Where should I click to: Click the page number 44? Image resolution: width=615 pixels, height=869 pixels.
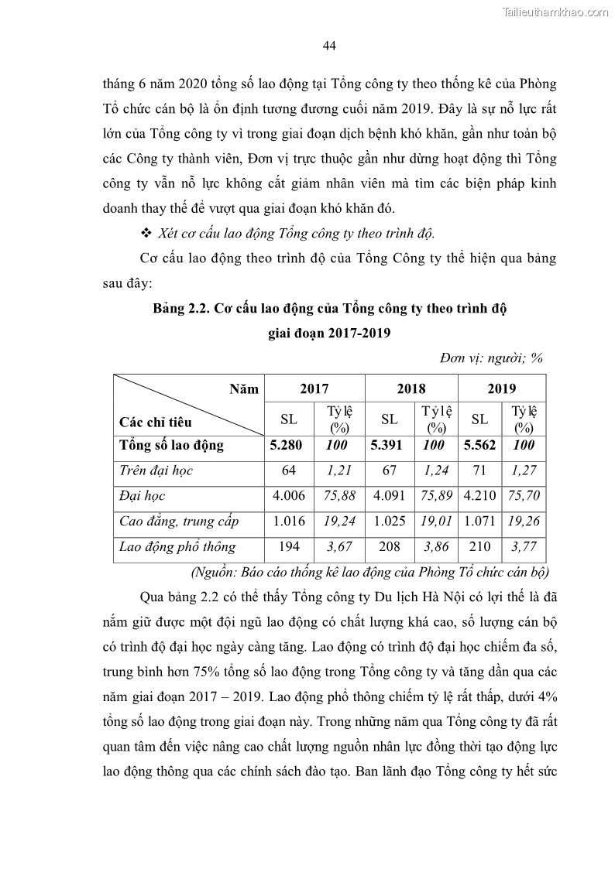(x=328, y=46)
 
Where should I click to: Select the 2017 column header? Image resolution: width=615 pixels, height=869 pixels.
(x=314, y=388)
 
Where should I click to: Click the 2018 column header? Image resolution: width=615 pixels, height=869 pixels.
(x=411, y=388)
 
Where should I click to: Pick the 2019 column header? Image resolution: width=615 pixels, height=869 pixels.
(x=502, y=388)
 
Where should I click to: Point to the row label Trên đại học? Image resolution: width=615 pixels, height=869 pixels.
(x=156, y=470)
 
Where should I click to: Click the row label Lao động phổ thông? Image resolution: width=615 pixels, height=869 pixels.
(x=177, y=547)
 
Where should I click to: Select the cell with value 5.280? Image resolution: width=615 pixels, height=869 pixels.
(x=289, y=445)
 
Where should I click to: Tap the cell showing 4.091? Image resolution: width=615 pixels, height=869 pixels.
(x=390, y=496)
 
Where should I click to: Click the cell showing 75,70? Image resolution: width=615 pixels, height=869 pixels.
(x=524, y=496)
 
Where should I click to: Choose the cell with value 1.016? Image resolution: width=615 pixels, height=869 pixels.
(x=289, y=522)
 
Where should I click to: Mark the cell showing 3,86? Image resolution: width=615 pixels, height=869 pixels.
(x=437, y=547)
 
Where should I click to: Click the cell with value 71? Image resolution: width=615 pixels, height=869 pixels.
(x=479, y=470)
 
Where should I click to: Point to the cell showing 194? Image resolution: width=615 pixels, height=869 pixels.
(x=289, y=547)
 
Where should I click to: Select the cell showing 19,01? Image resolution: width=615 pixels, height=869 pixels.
(x=437, y=522)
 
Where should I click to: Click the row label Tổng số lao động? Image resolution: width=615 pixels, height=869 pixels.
(x=171, y=445)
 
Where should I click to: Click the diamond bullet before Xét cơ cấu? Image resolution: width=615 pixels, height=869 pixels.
(x=146, y=233)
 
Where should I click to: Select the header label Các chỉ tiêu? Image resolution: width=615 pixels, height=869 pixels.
(x=156, y=423)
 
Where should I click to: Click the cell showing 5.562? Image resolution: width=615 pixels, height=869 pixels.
(x=479, y=445)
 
